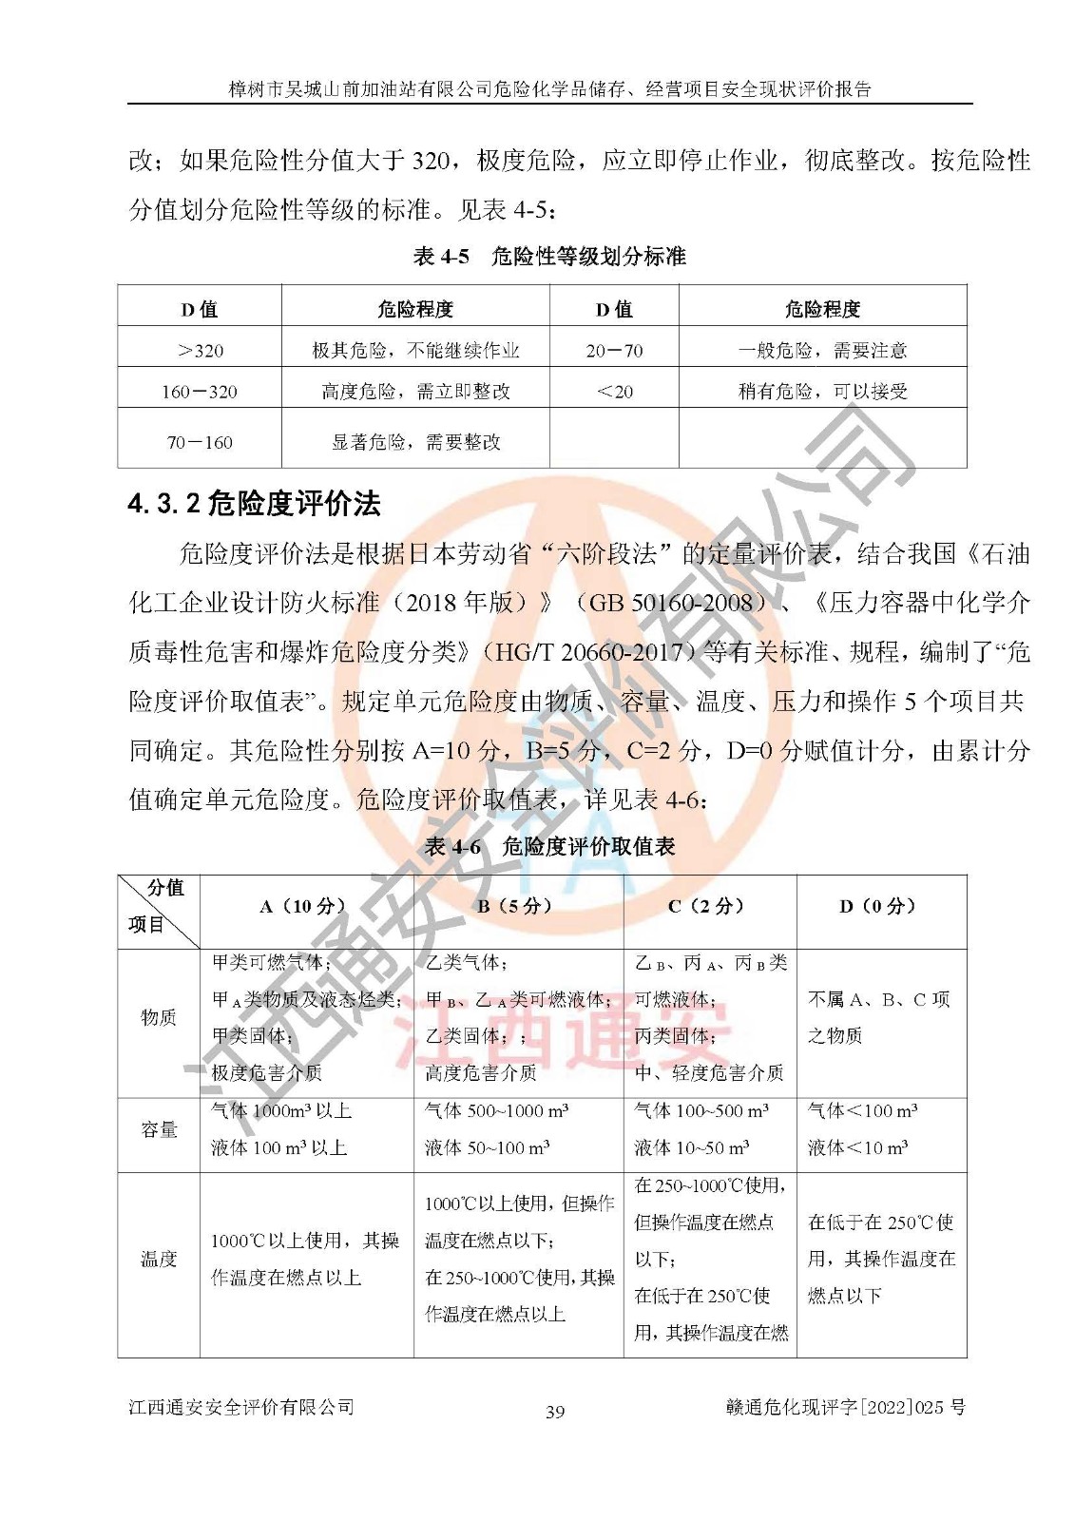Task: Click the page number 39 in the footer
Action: pos(555,1412)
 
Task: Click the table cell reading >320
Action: pos(200,351)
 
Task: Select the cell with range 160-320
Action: pos(200,392)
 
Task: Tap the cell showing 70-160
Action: pos(200,442)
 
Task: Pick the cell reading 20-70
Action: pos(614,351)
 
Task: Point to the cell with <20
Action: pos(614,392)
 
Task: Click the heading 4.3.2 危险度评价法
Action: pos(254,504)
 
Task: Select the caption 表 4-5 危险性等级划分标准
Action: pos(549,257)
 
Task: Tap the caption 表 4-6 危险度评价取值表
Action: pos(549,847)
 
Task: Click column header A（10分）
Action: pos(305,907)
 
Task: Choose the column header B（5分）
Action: pos(518,907)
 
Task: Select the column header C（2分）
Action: pos(709,907)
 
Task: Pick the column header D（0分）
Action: pos(880,907)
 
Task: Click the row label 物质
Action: pos(159,1018)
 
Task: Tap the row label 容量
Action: pos(159,1129)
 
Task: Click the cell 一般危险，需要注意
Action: pos(822,351)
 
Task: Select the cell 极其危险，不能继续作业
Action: pos(415,351)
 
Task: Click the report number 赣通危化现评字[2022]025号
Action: pos(845,1407)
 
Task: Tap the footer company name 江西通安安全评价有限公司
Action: pos(241,1407)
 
